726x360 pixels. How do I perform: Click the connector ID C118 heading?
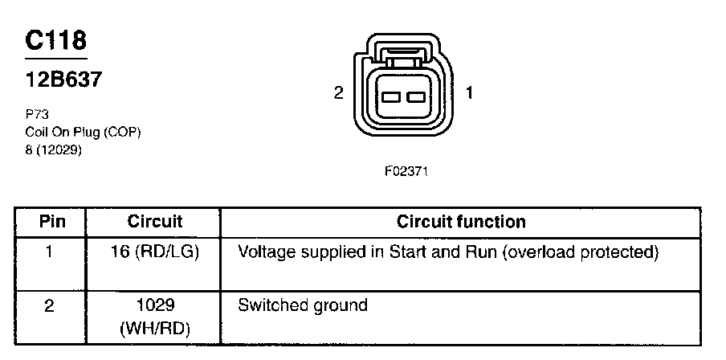coord(55,41)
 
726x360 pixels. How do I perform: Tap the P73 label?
coord(37,115)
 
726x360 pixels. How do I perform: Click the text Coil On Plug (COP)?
coord(83,132)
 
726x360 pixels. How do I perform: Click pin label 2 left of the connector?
coord(338,93)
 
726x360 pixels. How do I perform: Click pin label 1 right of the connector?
coord(469,93)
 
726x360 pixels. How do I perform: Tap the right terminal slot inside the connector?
coord(414,98)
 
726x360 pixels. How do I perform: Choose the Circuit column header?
coord(155,222)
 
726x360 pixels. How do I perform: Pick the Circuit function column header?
coord(461,222)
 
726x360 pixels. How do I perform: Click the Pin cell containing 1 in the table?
coord(49,252)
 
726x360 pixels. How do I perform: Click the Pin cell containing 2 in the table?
coord(49,305)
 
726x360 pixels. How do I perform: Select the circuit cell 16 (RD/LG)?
coord(155,252)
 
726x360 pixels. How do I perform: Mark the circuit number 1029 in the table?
coord(155,305)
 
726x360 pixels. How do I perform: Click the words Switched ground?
coord(303,305)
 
